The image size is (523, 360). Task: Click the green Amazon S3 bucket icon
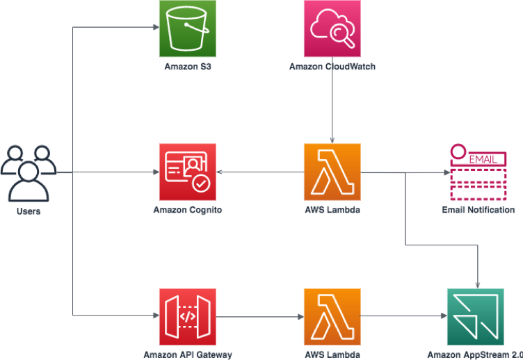[187, 28]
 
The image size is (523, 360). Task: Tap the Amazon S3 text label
[187, 67]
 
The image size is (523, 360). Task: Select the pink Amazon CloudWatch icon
[332, 28]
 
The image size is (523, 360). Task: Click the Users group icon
[29, 172]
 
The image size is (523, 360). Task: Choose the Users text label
[29, 211]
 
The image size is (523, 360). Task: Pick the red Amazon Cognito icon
[187, 172]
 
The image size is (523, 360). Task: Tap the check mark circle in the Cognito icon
[201, 183]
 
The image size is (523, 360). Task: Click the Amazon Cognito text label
[187, 210]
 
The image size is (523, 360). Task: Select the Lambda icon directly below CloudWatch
[332, 172]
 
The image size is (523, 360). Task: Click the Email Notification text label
[478, 210]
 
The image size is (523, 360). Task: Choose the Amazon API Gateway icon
[187, 316]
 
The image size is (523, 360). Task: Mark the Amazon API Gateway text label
[187, 354]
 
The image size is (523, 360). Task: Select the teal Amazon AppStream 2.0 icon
[475, 316]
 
